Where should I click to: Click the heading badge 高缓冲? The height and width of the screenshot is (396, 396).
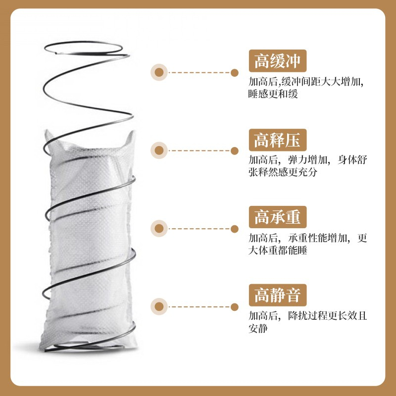tap(278, 61)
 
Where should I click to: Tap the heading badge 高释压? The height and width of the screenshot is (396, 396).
tap(278, 140)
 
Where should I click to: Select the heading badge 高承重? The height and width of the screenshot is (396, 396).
tap(278, 217)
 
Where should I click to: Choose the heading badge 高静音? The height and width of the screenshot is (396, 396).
tap(278, 295)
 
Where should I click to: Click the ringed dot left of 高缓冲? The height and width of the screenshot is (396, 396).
tap(159, 72)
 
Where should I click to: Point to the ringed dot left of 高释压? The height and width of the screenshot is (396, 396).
tap(159, 150)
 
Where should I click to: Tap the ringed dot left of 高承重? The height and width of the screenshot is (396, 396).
tap(159, 229)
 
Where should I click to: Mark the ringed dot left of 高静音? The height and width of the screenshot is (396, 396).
tap(159, 306)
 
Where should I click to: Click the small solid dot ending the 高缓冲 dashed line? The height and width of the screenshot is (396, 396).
tap(234, 73)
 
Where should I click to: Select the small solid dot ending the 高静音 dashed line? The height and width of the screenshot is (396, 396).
tap(234, 307)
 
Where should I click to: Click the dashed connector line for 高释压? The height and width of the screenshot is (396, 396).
tap(199, 150)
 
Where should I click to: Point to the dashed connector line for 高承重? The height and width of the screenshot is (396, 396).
tap(199, 229)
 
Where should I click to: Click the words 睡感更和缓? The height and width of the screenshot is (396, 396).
tap(273, 94)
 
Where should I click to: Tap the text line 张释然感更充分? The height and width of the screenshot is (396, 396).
tap(283, 172)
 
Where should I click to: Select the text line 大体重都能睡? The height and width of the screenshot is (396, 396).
tap(278, 250)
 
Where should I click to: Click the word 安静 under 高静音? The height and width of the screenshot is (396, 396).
tap(258, 328)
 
